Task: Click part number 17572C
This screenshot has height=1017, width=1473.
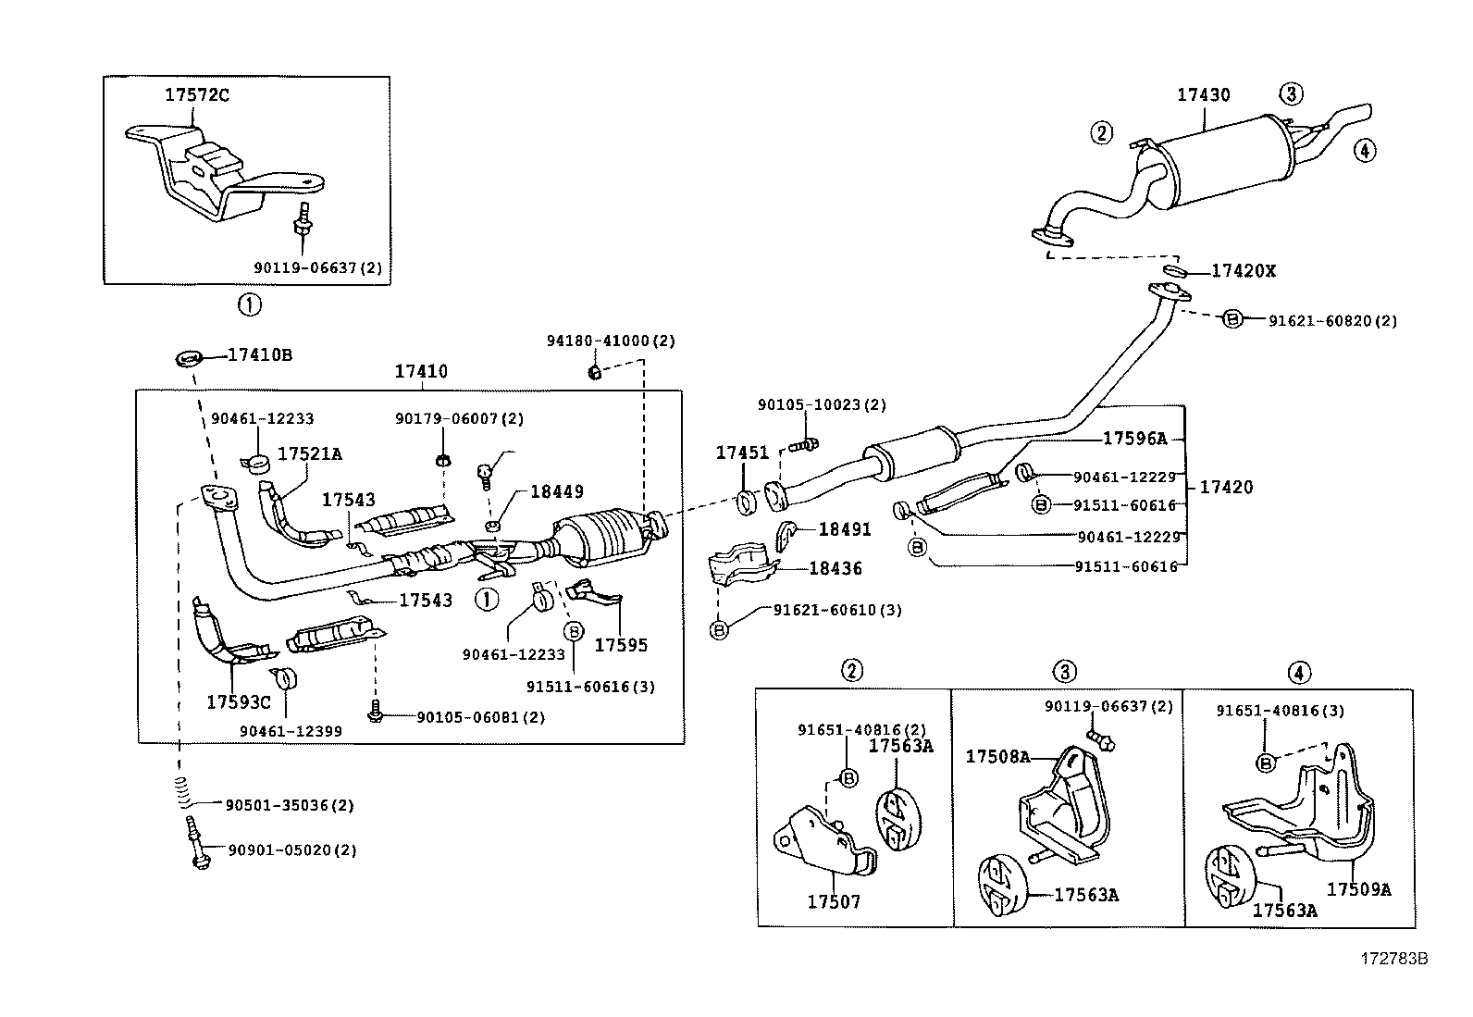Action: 196,94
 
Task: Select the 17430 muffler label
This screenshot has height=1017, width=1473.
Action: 1203,94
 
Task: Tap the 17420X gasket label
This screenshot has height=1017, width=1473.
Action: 1244,271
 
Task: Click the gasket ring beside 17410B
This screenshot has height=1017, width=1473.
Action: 188,356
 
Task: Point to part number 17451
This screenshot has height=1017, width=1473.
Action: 742,453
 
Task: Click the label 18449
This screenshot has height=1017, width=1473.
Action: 556,492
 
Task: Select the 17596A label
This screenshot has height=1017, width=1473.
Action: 1134,439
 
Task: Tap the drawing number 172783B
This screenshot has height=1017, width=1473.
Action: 1393,959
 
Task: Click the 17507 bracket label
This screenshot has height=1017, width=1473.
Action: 834,900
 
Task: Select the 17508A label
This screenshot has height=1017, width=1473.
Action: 997,756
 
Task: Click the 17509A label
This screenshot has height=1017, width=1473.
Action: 1358,888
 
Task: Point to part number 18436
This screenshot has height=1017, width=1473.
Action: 835,568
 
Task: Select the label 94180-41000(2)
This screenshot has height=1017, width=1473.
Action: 611,341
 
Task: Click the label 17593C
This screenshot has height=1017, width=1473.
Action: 238,702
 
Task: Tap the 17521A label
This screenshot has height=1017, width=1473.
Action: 310,453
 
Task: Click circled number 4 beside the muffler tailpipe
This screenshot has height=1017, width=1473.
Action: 1365,149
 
